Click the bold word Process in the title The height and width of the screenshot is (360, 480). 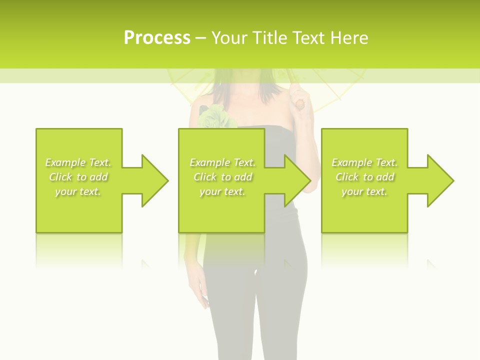pos(157,38)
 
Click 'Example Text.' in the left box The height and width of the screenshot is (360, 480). pos(78,162)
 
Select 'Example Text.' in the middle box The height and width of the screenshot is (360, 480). pos(222,162)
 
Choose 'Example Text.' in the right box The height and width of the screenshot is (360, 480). pos(364,162)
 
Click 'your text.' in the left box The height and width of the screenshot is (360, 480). pos(78,191)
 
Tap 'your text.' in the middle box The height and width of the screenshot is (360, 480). pos(222,191)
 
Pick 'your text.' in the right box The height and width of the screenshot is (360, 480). pos(364,191)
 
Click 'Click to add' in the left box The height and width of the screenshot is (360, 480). pos(78,177)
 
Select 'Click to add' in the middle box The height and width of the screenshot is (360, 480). pos(222,177)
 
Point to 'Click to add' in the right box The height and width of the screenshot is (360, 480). pos(364,177)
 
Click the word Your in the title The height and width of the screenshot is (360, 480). pos(227,38)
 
